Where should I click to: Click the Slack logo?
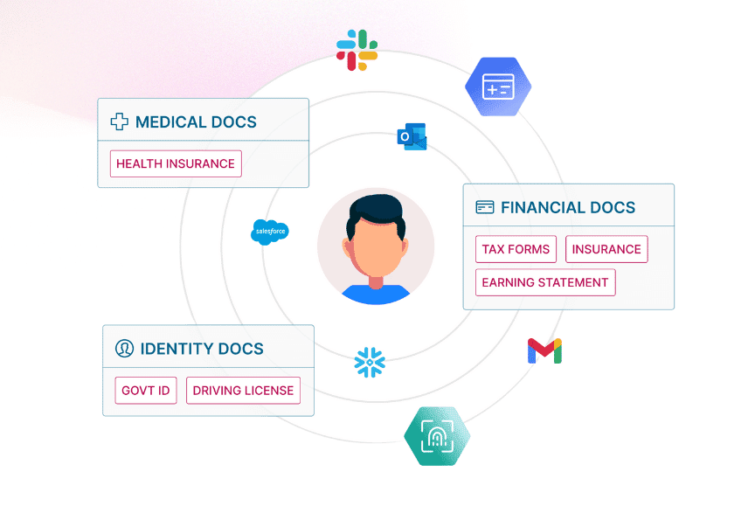(x=357, y=51)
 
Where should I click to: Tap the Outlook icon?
(x=412, y=136)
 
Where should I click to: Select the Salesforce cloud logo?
(x=269, y=232)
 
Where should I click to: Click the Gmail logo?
(x=544, y=350)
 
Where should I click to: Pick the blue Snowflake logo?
(x=370, y=362)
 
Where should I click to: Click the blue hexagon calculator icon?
(x=498, y=87)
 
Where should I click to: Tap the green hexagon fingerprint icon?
(x=437, y=435)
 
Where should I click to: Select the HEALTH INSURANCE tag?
(x=176, y=163)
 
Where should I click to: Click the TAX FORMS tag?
(x=516, y=249)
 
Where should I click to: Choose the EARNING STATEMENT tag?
(x=545, y=282)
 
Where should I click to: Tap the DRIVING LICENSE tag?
(x=243, y=391)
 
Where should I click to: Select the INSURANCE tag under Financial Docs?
(x=606, y=249)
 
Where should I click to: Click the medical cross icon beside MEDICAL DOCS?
(x=119, y=121)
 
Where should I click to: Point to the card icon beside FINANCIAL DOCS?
(x=484, y=207)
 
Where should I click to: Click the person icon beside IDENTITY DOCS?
(x=124, y=349)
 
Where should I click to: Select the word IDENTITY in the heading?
(x=171, y=349)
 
